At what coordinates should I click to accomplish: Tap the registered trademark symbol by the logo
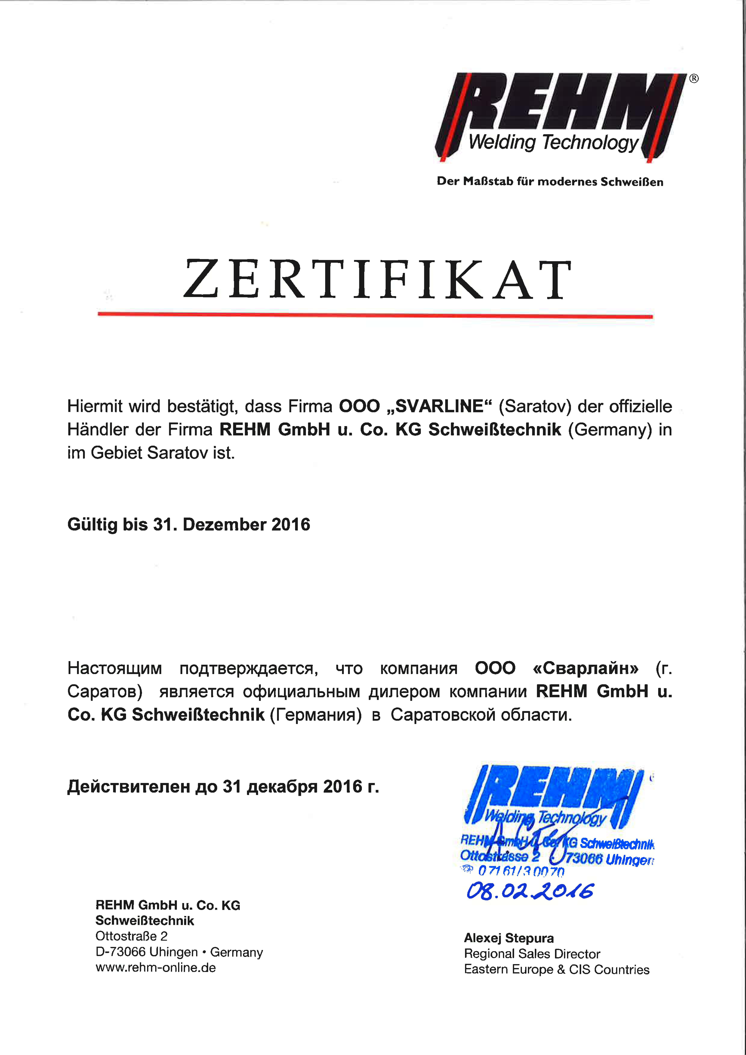pos(694,79)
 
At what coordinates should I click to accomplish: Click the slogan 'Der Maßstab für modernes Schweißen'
pos(550,181)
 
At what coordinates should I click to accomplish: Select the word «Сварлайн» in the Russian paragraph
pos(586,668)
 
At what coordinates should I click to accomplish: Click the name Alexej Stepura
pos(509,938)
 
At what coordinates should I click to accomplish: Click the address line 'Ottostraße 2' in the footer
pos(131,936)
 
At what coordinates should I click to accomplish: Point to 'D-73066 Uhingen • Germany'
pos(179,952)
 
